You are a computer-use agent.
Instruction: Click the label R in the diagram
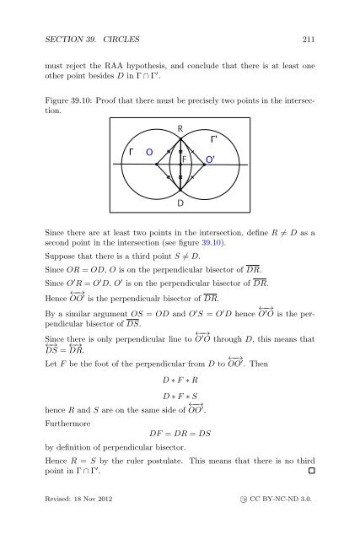pyautogui.click(x=181, y=129)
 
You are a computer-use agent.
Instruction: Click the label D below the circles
pyautogui.click(x=180, y=203)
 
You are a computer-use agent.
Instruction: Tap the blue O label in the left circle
pyautogui.click(x=150, y=153)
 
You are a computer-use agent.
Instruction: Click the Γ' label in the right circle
pyautogui.click(x=215, y=137)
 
